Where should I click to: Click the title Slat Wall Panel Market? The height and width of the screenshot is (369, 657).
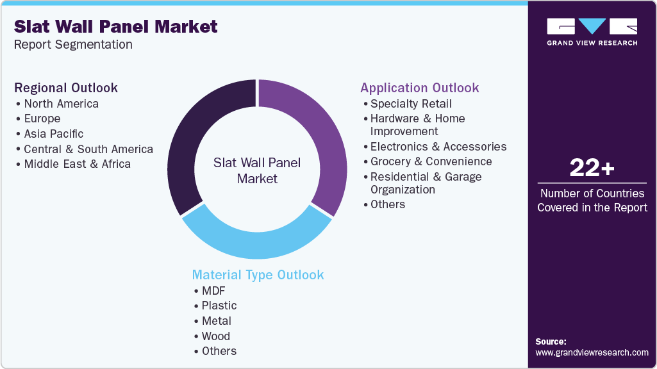(116, 27)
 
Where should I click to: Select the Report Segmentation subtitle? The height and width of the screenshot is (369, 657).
(73, 45)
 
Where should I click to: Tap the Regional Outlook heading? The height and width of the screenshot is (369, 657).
(66, 88)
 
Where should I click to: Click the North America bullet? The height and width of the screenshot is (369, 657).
(61, 104)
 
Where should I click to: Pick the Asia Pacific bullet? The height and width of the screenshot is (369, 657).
(54, 134)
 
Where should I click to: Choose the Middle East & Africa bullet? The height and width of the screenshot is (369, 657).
(77, 164)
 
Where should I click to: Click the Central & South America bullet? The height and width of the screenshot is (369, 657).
(88, 149)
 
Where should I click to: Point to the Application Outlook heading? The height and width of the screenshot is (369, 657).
(419, 88)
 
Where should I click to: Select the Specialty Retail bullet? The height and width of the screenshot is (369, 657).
(411, 104)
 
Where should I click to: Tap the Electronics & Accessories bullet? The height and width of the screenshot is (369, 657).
(438, 147)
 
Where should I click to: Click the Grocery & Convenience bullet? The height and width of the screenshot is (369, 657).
(431, 161)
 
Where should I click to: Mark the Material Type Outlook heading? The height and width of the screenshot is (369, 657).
(258, 275)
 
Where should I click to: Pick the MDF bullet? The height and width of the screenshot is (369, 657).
(213, 291)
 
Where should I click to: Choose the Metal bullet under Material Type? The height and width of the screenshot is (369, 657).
(216, 321)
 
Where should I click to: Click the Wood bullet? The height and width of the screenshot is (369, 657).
(215, 336)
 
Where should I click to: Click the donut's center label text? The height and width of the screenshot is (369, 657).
(257, 171)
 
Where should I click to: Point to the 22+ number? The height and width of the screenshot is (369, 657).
(592, 168)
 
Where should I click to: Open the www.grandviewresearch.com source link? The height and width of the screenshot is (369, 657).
(592, 352)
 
